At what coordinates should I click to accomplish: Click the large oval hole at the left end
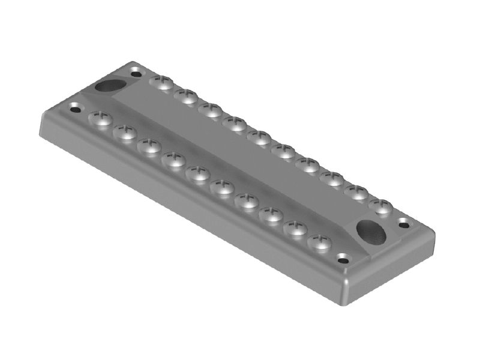point(108,85)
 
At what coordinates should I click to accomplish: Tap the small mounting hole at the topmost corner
point(136,74)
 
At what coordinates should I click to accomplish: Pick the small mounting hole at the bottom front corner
point(343,259)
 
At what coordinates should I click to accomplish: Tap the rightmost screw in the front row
point(320,242)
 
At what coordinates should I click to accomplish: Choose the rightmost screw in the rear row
point(380,206)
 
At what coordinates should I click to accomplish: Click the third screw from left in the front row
point(149,146)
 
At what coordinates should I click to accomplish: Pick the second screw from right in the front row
point(295,229)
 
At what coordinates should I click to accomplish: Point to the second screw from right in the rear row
point(356,193)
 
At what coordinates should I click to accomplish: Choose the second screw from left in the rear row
point(187,96)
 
